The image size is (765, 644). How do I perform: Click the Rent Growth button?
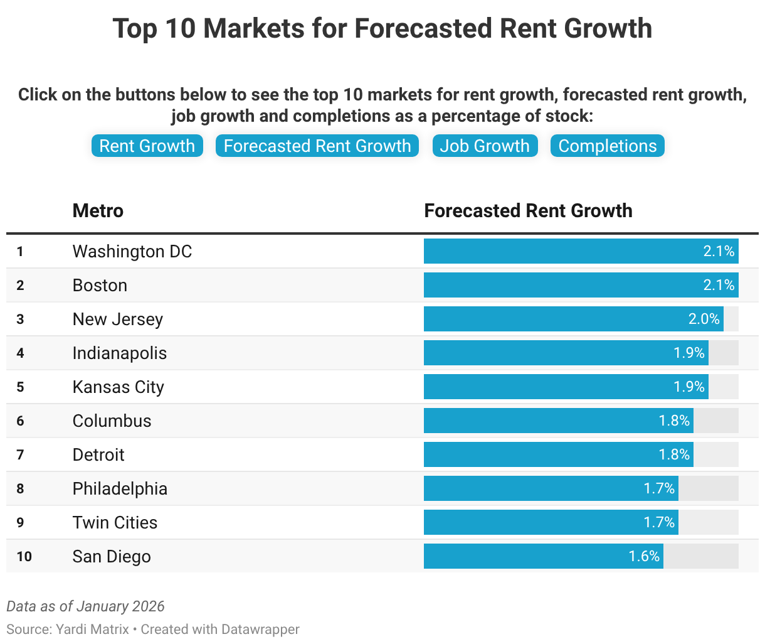pyautogui.click(x=147, y=146)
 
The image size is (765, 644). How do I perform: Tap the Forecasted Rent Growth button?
pyautogui.click(x=317, y=146)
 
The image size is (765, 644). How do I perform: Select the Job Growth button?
pyautogui.click(x=485, y=146)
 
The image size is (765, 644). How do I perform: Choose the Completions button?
pyautogui.click(x=607, y=146)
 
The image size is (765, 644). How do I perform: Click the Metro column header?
pyautogui.click(x=98, y=210)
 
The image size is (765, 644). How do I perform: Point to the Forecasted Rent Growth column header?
pyautogui.click(x=528, y=210)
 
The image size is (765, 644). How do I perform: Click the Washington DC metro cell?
pyautogui.click(x=132, y=251)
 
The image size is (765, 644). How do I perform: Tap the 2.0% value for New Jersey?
pyautogui.click(x=704, y=319)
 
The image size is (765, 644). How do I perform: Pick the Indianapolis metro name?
pyautogui.click(x=120, y=353)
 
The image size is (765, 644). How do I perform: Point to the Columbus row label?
pyautogui.click(x=112, y=421)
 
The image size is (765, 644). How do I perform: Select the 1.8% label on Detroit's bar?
pyautogui.click(x=674, y=454)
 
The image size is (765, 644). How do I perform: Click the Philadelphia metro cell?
pyautogui.click(x=120, y=488)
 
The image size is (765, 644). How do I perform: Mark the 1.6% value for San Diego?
pyautogui.click(x=644, y=556)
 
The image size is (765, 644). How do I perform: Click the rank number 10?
pyautogui.click(x=24, y=556)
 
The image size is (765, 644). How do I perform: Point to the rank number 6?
pyautogui.click(x=20, y=421)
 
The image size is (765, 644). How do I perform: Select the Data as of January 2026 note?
pyautogui.click(x=85, y=606)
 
